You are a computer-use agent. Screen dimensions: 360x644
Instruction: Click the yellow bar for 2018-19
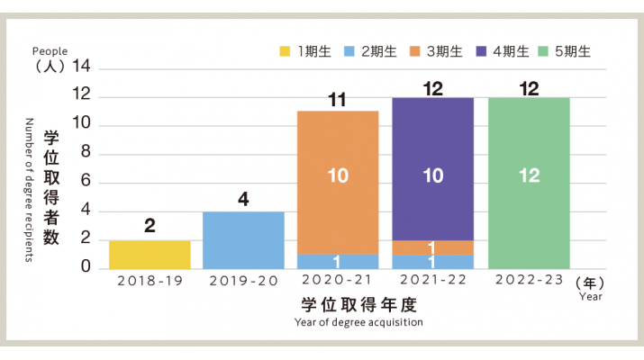[x=150, y=254]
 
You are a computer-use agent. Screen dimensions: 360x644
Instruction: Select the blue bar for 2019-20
[x=243, y=239]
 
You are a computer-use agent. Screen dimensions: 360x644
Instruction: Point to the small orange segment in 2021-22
[x=433, y=247]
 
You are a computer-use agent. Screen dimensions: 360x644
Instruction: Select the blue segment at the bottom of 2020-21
[x=338, y=261]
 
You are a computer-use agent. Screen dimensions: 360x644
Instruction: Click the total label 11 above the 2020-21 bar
[x=338, y=100]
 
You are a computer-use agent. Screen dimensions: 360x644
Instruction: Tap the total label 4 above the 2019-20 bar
[x=243, y=199]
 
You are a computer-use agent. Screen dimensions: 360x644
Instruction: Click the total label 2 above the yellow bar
[x=150, y=227]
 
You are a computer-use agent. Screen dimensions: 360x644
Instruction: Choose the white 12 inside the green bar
[x=529, y=176]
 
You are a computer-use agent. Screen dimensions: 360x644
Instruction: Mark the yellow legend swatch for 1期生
[x=285, y=52]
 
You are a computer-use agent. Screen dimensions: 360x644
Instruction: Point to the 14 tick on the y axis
[x=82, y=67]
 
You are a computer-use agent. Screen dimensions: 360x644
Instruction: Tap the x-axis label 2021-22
[x=433, y=281]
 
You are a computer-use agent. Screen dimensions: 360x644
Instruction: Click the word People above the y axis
[x=50, y=51]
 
